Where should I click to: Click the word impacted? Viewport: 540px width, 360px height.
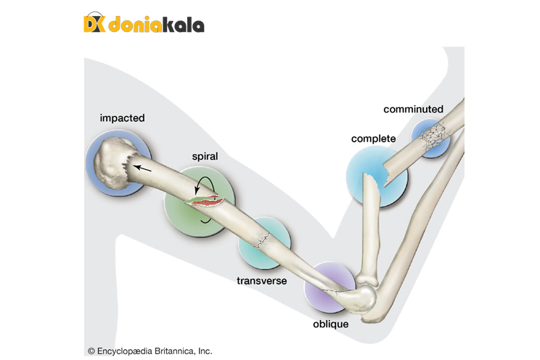click(123, 118)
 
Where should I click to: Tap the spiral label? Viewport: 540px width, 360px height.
click(205, 156)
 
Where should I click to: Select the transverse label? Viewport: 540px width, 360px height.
click(262, 280)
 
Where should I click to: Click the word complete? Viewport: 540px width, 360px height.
click(373, 139)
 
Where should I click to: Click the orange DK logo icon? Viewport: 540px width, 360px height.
click(95, 24)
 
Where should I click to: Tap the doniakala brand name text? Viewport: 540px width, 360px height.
click(156, 25)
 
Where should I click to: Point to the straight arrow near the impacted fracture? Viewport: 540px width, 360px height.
click(143, 168)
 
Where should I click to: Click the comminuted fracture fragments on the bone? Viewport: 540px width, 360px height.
click(434, 135)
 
